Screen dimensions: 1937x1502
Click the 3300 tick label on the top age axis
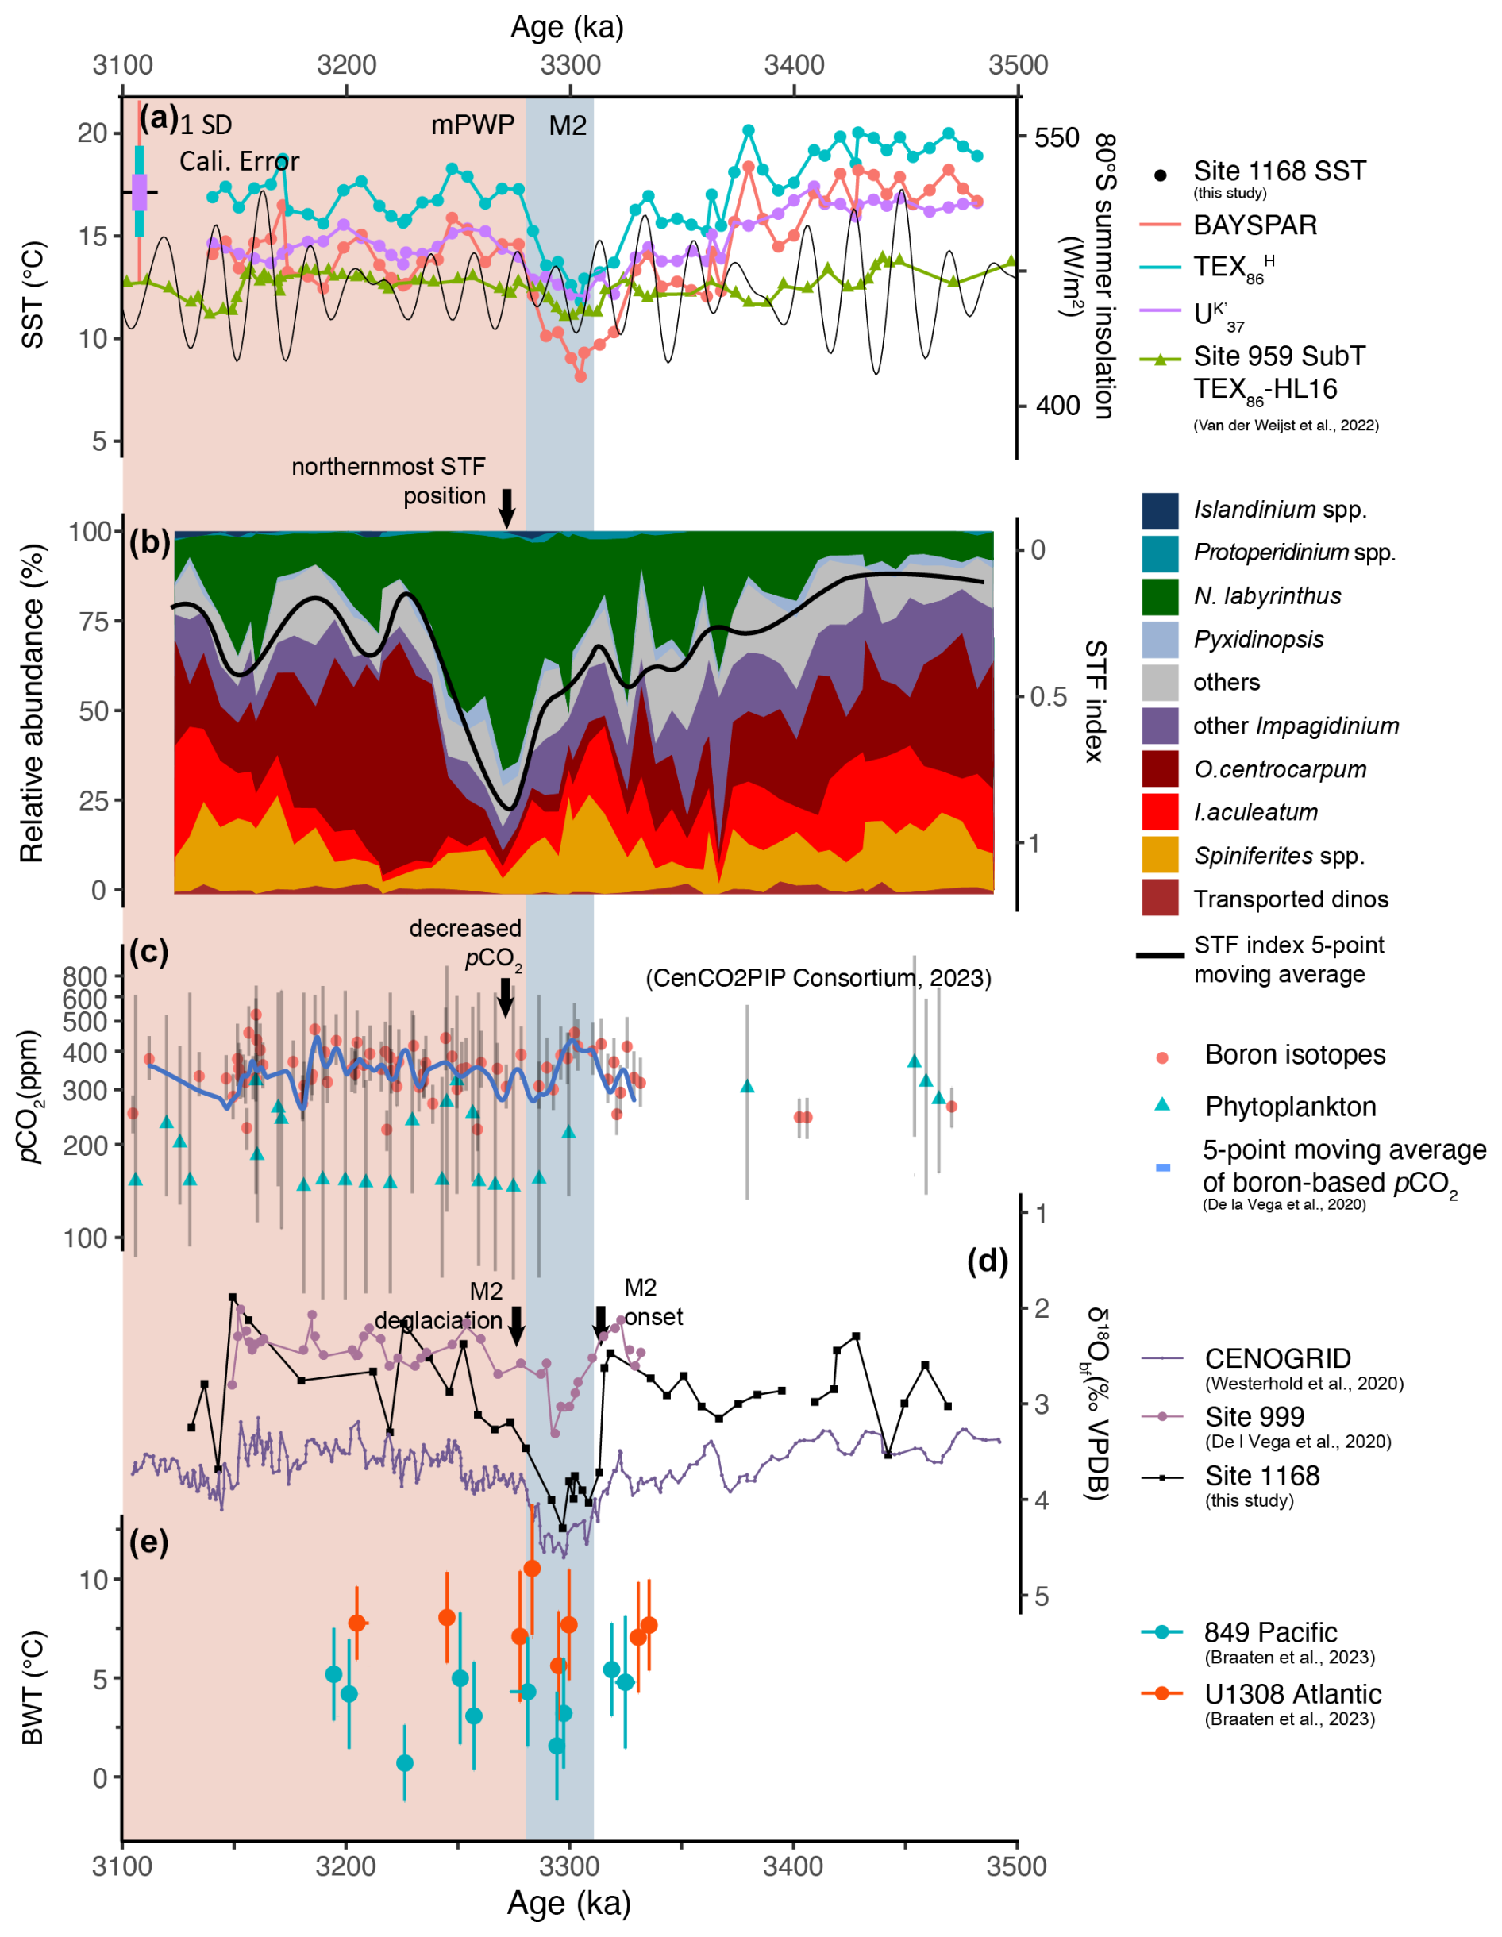(x=571, y=65)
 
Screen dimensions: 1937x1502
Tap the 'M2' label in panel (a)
(x=568, y=126)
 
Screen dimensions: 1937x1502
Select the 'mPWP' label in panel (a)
(x=473, y=125)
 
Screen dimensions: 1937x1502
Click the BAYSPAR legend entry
(x=1254, y=225)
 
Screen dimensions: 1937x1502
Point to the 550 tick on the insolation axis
(x=1056, y=137)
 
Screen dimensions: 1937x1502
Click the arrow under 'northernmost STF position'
(x=506, y=509)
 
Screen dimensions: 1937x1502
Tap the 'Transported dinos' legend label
(x=1291, y=899)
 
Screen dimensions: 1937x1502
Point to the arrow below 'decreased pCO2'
(x=505, y=999)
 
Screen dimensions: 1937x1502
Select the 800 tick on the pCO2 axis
(x=85, y=976)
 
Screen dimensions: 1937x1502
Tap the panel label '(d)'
(x=988, y=1261)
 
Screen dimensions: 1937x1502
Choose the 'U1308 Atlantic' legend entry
(x=1292, y=1695)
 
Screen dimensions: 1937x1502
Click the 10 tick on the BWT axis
(x=94, y=1580)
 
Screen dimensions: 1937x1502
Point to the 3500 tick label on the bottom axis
(x=1018, y=1866)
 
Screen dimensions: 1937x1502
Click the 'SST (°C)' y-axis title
(x=33, y=295)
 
